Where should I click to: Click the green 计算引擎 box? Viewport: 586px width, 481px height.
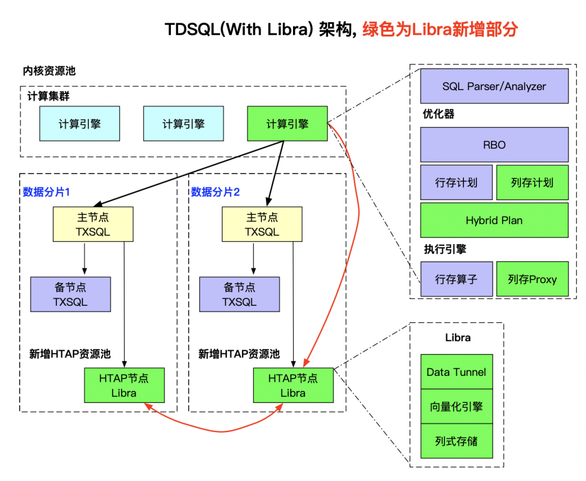point(287,124)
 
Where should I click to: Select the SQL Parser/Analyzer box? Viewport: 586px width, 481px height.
point(494,86)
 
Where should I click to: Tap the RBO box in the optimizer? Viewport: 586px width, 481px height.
point(494,145)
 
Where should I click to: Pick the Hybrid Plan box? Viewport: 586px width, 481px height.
point(494,220)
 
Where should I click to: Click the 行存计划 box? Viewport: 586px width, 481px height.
point(456,182)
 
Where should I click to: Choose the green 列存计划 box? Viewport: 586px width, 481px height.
point(532,182)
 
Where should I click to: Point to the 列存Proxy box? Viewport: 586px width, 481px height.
point(532,279)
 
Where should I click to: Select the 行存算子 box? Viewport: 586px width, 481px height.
point(456,279)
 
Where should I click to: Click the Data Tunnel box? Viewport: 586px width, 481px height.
point(456,372)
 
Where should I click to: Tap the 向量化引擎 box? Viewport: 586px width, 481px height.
point(456,406)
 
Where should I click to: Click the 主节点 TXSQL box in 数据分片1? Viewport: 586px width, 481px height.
point(93,225)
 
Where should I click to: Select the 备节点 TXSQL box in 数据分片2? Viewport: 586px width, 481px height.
point(239,294)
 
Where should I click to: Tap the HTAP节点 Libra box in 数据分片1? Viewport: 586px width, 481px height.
point(124,385)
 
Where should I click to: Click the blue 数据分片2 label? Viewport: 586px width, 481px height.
point(215,191)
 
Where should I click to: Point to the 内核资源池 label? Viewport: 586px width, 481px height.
point(49,71)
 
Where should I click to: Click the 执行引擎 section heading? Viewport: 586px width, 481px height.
point(445,249)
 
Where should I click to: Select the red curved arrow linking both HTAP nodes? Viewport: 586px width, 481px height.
point(217,431)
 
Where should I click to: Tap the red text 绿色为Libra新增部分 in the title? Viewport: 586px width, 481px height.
point(439,29)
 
